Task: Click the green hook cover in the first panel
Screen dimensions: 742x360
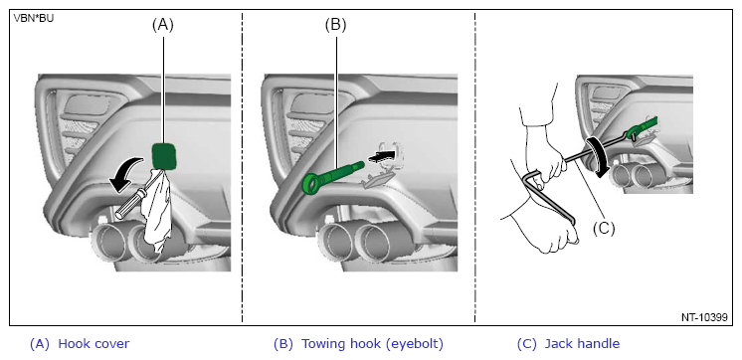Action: click(164, 155)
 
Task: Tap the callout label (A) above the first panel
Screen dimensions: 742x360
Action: click(163, 25)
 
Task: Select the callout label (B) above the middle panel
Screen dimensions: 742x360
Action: click(335, 25)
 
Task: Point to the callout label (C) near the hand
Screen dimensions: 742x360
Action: click(604, 229)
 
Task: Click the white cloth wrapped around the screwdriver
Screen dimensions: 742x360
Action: click(156, 211)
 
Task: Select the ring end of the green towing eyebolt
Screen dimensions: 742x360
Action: click(311, 184)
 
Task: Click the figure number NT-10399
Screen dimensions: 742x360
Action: click(704, 317)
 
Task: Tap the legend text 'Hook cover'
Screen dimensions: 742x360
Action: click(93, 343)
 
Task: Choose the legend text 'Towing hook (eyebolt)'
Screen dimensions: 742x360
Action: click(372, 344)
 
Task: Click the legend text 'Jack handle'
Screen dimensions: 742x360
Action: click(582, 344)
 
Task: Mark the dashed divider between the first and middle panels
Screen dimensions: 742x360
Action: click(243, 167)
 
